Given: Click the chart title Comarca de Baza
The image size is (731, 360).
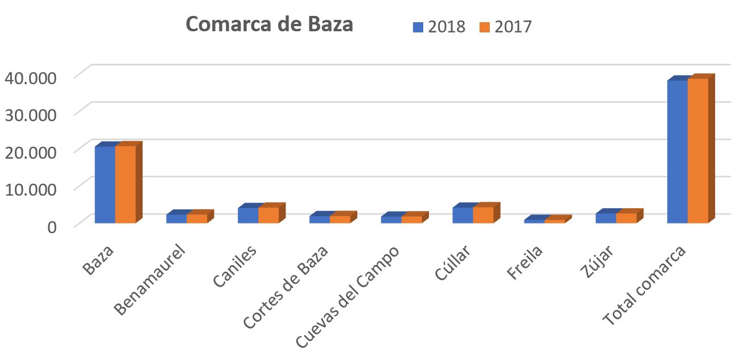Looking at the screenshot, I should coord(269,25).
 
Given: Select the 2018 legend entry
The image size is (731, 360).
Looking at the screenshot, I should coord(439,27).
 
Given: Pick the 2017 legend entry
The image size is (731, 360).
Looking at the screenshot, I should coord(505,27).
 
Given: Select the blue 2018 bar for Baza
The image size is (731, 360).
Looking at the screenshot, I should coord(105,184).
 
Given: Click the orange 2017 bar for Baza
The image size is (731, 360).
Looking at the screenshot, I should coord(125,184).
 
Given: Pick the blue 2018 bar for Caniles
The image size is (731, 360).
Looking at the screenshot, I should coord(247,216).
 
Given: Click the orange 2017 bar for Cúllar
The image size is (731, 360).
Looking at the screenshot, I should coord(483,215).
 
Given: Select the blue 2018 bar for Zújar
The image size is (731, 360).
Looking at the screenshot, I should coord(605,218).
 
